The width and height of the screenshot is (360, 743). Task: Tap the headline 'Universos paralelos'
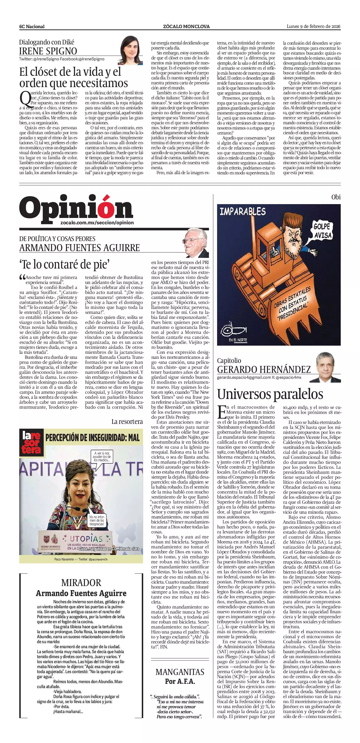click(x=270, y=394)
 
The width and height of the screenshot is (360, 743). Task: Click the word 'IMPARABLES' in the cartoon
click(x=242, y=211)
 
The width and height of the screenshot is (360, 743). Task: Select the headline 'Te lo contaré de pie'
click(x=65, y=264)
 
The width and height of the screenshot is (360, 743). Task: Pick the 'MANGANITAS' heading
click(x=180, y=672)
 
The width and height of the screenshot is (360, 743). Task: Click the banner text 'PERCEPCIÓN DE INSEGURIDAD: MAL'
click(x=92, y=437)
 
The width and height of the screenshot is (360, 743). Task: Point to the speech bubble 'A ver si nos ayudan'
click(x=102, y=457)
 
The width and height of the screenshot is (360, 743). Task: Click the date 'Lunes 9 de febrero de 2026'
click(x=313, y=26)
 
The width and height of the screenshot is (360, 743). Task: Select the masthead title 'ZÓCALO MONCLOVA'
click(x=186, y=27)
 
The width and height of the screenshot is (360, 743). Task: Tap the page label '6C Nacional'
click(x=32, y=27)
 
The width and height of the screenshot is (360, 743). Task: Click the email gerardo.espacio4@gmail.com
click(x=244, y=377)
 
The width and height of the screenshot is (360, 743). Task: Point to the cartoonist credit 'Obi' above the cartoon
click(x=336, y=197)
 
